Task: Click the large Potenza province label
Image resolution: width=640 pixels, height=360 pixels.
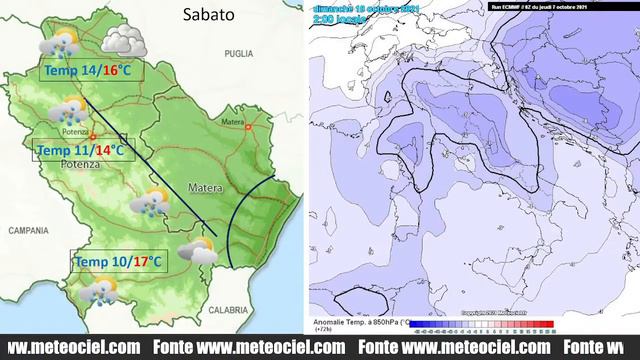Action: click(x=80, y=163)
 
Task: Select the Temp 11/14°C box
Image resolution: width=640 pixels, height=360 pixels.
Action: click(x=81, y=150)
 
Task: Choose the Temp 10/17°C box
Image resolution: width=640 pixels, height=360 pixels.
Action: click(x=118, y=262)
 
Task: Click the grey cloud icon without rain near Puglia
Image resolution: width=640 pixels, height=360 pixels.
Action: click(x=122, y=41)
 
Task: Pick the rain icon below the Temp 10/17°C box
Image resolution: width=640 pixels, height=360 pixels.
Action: click(x=98, y=291)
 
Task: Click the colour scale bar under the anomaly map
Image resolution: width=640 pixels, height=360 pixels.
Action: click(x=484, y=325)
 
